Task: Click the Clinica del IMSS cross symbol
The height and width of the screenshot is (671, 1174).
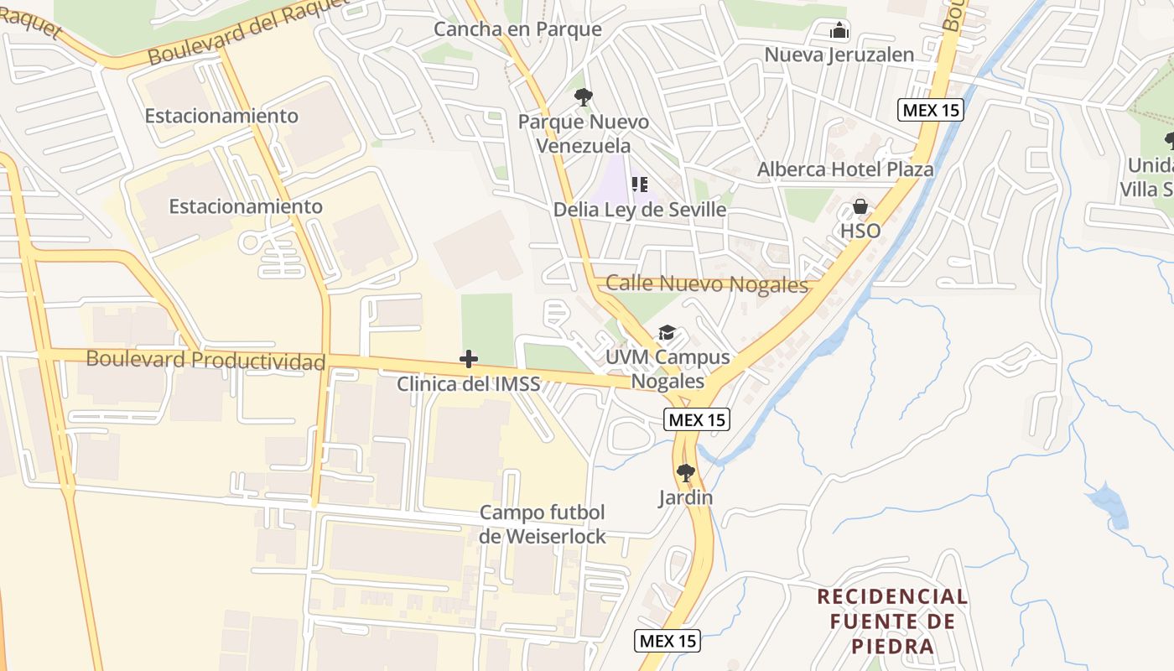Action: (x=469, y=360)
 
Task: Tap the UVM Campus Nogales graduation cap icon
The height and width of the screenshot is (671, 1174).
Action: (x=667, y=333)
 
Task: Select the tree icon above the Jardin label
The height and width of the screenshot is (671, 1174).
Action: (x=686, y=473)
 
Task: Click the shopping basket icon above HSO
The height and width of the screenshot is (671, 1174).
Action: (x=860, y=206)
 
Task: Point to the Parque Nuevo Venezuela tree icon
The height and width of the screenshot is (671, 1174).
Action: (x=583, y=97)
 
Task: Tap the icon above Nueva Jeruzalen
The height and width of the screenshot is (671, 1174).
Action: (x=839, y=31)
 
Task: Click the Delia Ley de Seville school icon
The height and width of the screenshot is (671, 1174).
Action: (x=640, y=185)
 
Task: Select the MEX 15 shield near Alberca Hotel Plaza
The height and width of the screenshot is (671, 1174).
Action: (x=930, y=110)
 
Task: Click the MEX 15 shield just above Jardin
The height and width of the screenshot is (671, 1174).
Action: (x=697, y=420)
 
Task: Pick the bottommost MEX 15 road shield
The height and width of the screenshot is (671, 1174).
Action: (x=667, y=641)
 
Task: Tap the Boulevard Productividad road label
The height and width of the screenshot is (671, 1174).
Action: (x=205, y=361)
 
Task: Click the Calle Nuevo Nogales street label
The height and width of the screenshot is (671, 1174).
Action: (x=706, y=284)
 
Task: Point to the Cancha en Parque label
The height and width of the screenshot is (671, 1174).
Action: (x=517, y=29)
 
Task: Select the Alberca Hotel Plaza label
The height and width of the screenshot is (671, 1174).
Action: (x=845, y=169)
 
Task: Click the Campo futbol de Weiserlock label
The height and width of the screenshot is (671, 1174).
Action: (x=543, y=524)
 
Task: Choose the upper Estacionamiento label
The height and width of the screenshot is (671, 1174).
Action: (x=221, y=116)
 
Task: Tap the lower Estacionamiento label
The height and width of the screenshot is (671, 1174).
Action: (x=246, y=206)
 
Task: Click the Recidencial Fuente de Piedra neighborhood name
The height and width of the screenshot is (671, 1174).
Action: (x=891, y=621)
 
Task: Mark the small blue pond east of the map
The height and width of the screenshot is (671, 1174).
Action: (x=1108, y=503)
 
